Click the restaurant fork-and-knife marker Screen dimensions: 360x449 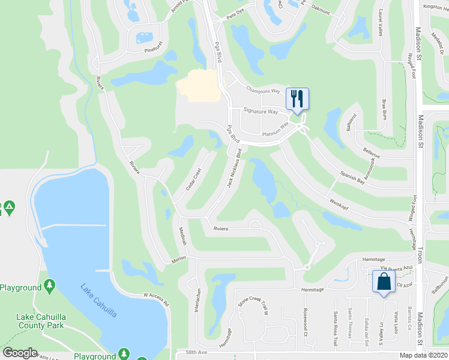tap(297, 98)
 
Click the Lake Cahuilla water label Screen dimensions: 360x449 tap(99, 299)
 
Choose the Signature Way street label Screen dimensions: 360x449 tap(261, 111)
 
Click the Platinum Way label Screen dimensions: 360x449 tap(276, 129)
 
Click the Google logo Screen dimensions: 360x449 tap(20, 352)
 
